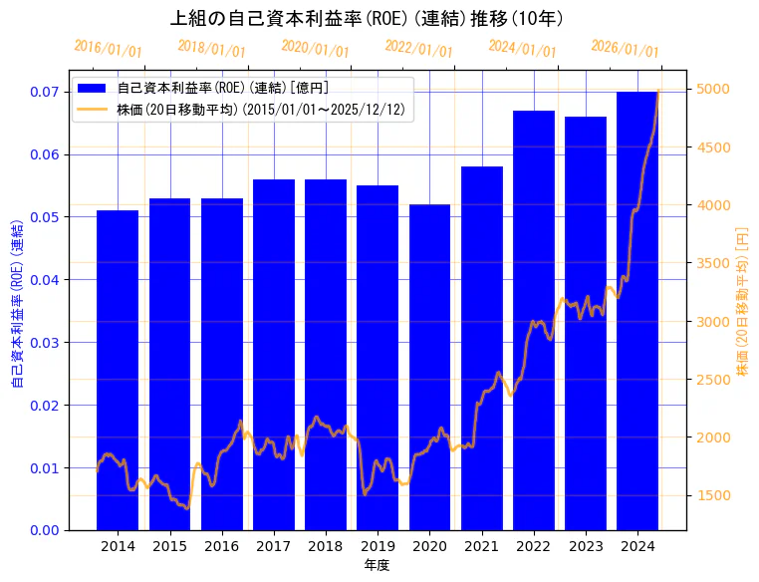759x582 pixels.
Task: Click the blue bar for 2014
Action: (118, 369)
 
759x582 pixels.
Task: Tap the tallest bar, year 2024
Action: (636, 310)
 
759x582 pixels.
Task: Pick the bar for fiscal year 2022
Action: (533, 319)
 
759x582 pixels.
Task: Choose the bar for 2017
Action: (273, 354)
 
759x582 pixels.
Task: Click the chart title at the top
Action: (368, 18)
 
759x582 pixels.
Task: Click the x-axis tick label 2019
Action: (378, 546)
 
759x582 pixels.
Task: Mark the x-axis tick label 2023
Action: (585, 546)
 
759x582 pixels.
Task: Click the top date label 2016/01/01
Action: (109, 49)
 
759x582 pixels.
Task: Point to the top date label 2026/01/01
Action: (625, 49)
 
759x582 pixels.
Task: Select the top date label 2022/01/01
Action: (418, 49)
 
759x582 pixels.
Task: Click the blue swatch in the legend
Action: (93, 89)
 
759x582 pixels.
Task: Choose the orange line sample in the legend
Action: (93, 109)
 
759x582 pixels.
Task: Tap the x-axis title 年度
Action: (377, 565)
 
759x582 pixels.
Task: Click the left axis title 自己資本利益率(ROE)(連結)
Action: (17, 300)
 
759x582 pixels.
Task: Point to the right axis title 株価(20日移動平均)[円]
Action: (741, 300)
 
